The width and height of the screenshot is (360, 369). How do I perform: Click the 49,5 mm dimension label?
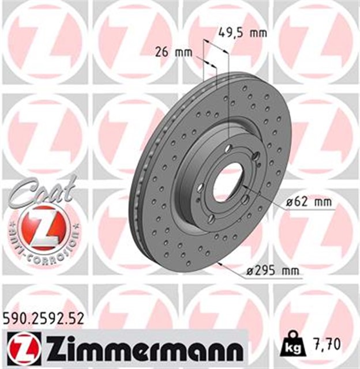(242, 32)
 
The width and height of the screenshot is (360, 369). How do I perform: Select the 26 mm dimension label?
(173, 52)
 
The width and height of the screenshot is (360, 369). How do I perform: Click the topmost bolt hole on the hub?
(228, 149)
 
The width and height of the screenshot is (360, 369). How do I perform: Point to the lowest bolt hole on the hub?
(211, 219)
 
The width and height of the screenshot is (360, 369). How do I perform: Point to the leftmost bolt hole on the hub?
(200, 187)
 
